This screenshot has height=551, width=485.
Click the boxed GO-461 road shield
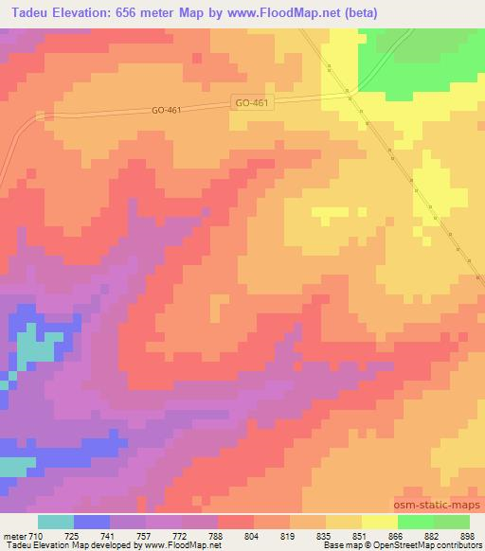pos(252,101)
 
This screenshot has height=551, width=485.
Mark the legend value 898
pos(467,535)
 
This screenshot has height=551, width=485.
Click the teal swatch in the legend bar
pos(56,522)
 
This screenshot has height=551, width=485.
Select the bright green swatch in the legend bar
pos(415,522)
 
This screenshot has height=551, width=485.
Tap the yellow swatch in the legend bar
pos(379,522)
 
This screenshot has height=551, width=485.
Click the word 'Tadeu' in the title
pos(23,12)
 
